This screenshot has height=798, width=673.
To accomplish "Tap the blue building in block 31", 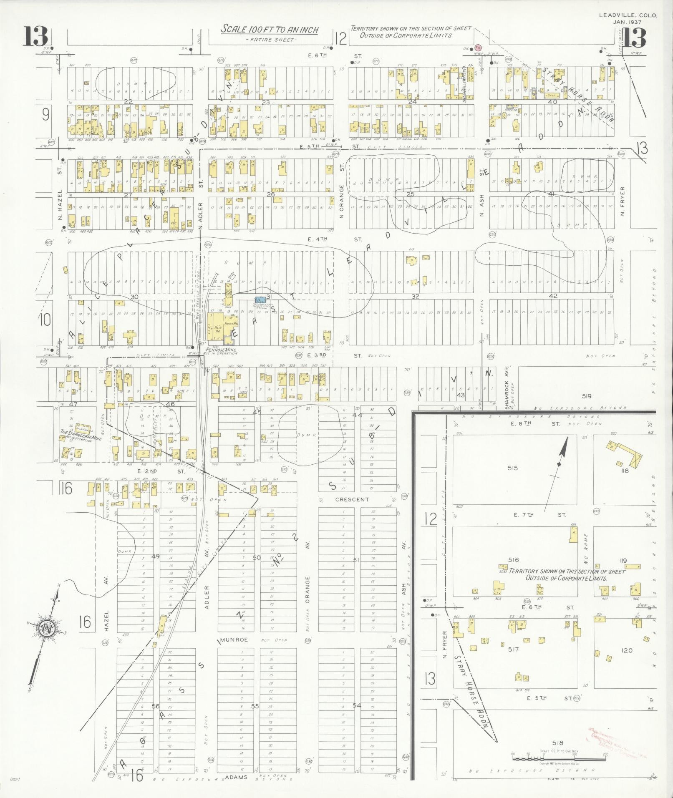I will [x=260, y=300].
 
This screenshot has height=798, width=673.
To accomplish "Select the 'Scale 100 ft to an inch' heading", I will [x=270, y=30].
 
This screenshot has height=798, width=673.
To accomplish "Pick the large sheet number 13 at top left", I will [x=35, y=37].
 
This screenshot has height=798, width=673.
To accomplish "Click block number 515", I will [x=513, y=468].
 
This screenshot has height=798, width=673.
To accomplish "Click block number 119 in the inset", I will [x=624, y=561].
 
